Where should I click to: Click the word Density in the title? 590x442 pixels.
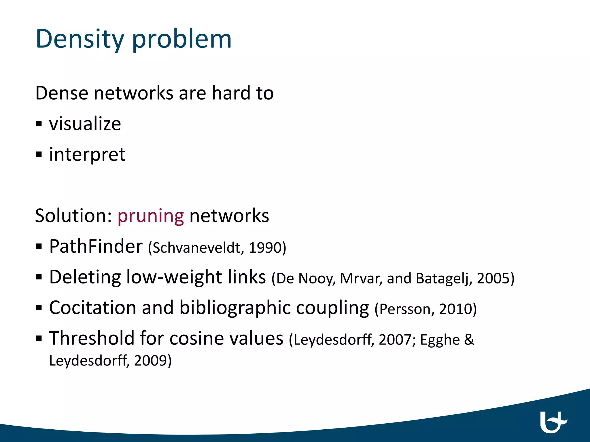pos(80,39)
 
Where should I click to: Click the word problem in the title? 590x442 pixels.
pos(182,39)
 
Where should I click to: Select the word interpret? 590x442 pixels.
pos(87,155)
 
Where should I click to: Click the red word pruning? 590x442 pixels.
pos(150,216)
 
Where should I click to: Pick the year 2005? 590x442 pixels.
pos(493,279)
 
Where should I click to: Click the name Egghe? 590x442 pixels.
pos(440,340)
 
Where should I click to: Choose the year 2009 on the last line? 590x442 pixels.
pos(151,361)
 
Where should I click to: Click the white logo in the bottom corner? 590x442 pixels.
pos(553,422)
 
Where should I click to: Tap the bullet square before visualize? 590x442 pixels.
pos(39,124)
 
